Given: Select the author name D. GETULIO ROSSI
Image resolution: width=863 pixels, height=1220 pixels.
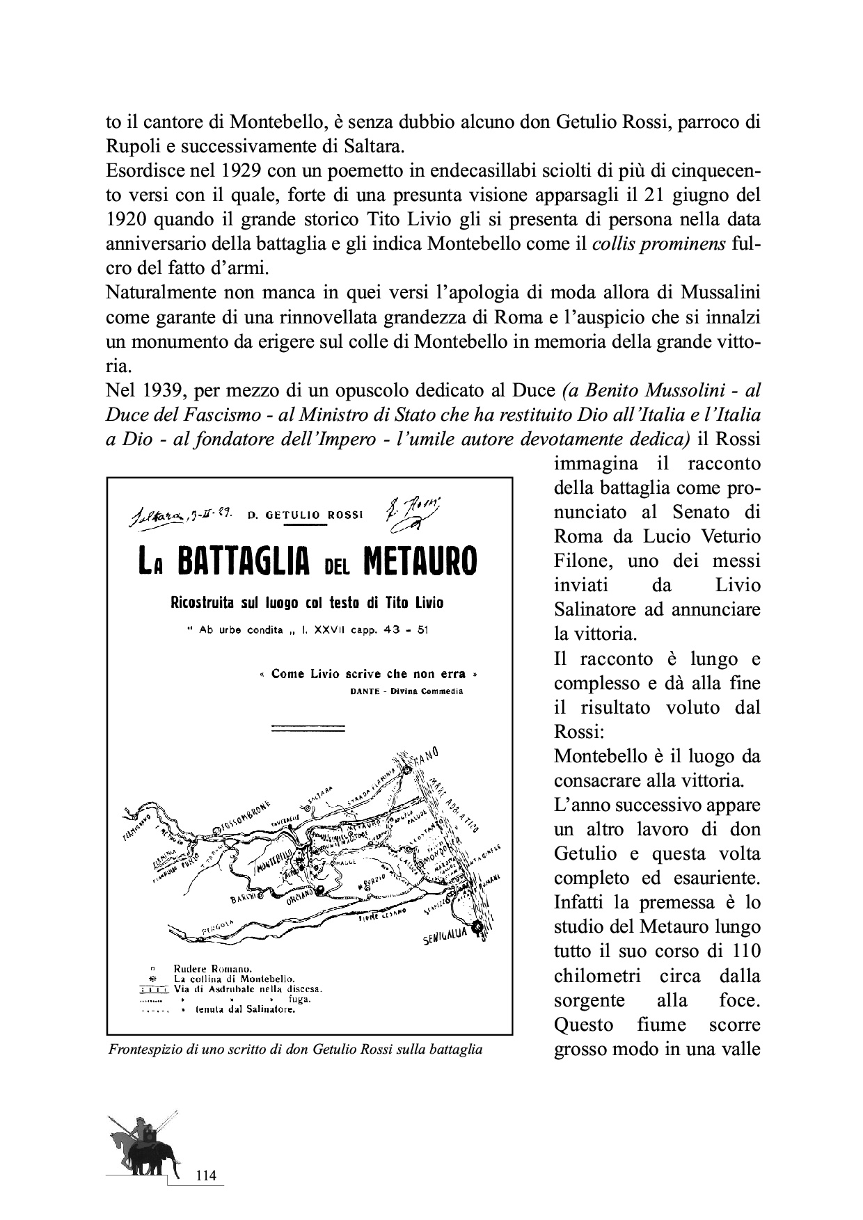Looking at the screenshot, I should point(306,515).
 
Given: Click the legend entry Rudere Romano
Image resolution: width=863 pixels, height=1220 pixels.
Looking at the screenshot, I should point(212,968).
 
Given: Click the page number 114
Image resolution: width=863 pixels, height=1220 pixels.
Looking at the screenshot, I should point(207,1175).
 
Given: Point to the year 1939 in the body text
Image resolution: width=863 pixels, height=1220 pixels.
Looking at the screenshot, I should point(152,390).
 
